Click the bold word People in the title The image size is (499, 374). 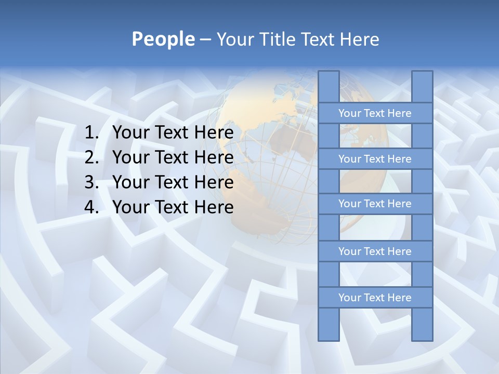[x=163, y=39]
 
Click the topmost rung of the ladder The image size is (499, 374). [x=375, y=113]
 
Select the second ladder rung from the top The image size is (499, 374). [x=375, y=159]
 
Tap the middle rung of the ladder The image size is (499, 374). [x=375, y=204]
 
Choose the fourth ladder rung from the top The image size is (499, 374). [x=375, y=251]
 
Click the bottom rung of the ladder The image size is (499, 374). [x=375, y=298]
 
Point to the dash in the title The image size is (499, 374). [x=205, y=39]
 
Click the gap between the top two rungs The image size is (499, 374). [x=375, y=136]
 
